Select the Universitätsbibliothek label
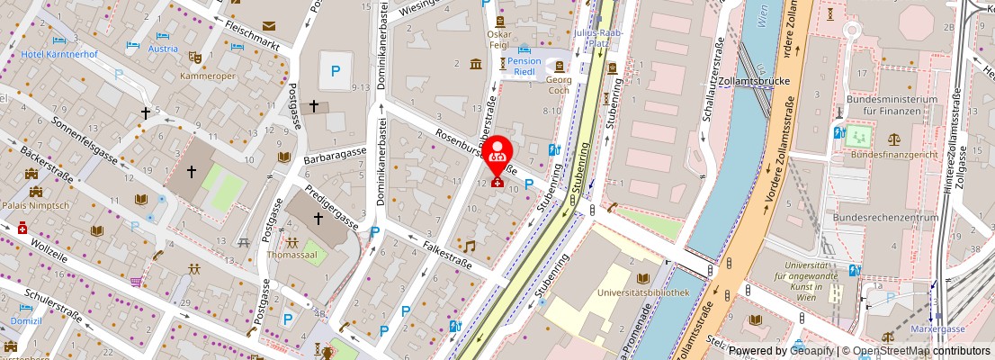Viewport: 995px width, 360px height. point(643,292)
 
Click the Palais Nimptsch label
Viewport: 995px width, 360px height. point(35,203)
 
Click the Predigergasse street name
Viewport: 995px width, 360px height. point(330,206)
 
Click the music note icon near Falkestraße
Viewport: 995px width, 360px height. point(469,246)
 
